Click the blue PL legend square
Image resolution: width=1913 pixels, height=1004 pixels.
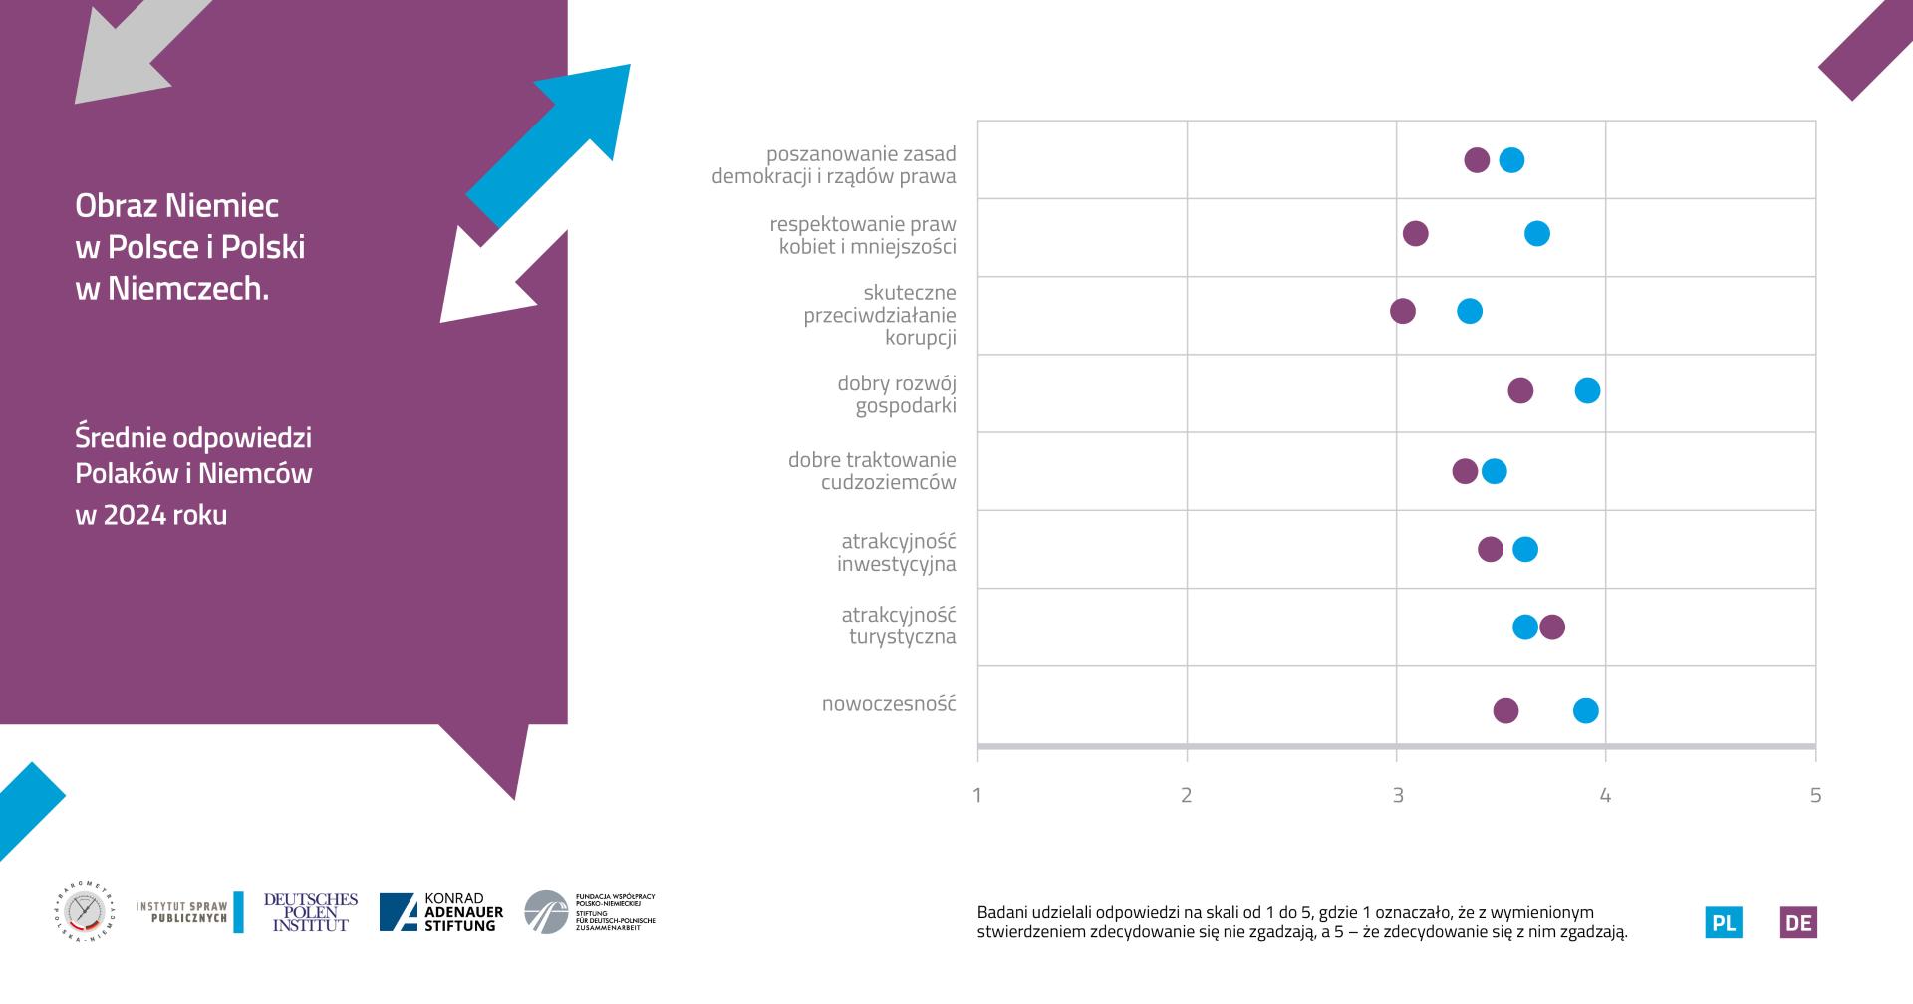[1724, 922]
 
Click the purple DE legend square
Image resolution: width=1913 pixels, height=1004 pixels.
[1798, 922]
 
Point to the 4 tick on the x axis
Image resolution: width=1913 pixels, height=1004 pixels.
[1605, 795]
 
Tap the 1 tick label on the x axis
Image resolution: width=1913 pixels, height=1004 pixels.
[977, 795]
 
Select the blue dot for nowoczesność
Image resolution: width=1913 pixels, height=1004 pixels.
[1585, 710]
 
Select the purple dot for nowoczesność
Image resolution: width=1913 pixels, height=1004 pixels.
[1505, 710]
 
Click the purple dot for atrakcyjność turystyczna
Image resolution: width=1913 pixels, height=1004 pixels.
[1551, 627]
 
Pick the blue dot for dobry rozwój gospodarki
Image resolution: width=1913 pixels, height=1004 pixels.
[1587, 390]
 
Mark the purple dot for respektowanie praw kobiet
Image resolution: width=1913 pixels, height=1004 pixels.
[1415, 233]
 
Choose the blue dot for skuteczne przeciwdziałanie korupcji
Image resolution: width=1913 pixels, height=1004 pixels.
[1469, 311]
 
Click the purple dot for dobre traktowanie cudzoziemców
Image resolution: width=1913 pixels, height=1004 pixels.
[1465, 471]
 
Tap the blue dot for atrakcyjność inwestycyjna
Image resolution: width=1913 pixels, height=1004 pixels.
[1524, 549]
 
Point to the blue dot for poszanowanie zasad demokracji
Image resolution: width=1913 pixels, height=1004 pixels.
[1511, 160]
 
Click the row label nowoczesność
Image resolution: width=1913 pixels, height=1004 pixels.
[888, 704]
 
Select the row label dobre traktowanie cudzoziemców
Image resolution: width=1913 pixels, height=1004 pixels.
[872, 471]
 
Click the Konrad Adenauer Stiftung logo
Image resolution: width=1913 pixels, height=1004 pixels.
[441, 912]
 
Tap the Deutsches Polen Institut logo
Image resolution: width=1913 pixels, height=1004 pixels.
[310, 912]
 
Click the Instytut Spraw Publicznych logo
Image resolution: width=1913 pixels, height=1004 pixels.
[189, 912]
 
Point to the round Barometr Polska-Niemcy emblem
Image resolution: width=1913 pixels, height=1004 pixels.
[84, 912]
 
